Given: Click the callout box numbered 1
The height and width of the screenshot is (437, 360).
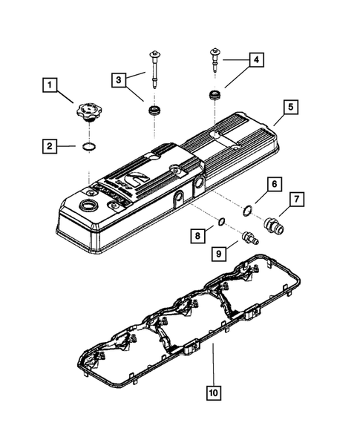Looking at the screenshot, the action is pyautogui.click(x=50, y=85).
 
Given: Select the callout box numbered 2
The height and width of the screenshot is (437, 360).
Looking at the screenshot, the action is pyautogui.click(x=50, y=146).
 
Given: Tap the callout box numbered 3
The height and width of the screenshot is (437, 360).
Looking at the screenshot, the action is pyautogui.click(x=119, y=80).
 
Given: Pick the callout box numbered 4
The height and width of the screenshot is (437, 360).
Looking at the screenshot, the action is pyautogui.click(x=256, y=59).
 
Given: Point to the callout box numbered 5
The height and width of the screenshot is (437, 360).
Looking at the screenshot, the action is pyautogui.click(x=291, y=107).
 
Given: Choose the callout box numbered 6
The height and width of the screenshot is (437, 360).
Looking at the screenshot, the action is pyautogui.click(x=275, y=184).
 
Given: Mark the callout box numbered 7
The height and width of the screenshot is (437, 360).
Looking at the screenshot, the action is pyautogui.click(x=297, y=200).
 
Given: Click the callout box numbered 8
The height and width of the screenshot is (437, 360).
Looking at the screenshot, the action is pyautogui.click(x=197, y=236).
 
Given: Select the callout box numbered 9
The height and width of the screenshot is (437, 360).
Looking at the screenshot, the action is pyautogui.click(x=219, y=254).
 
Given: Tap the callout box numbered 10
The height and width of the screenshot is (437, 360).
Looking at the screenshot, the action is pyautogui.click(x=214, y=393).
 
